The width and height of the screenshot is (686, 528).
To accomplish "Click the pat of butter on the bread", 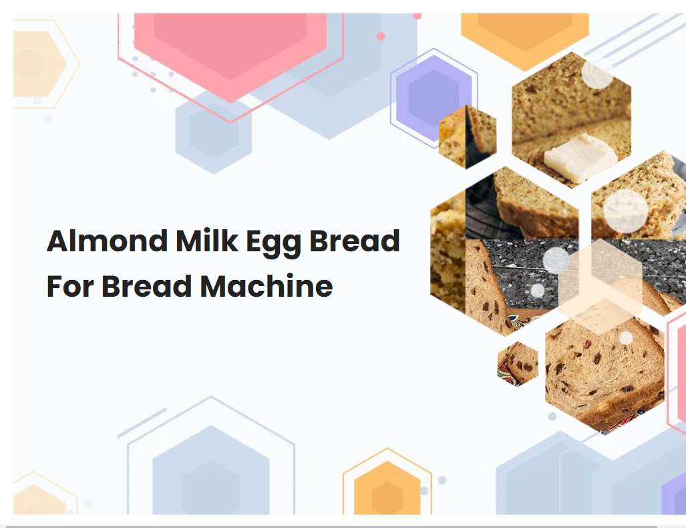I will click(580, 157).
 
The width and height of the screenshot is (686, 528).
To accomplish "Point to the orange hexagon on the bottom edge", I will click(387, 491).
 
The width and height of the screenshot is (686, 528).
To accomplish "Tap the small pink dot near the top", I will click(381, 37).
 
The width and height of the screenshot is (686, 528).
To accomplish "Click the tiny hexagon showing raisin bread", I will click(518, 363).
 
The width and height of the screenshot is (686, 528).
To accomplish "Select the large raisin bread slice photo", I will click(605, 374).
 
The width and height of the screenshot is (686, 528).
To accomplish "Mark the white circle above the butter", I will click(597, 74).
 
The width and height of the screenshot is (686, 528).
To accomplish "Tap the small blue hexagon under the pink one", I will click(213, 130).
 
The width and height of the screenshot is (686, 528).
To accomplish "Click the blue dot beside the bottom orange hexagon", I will click(442, 480).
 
